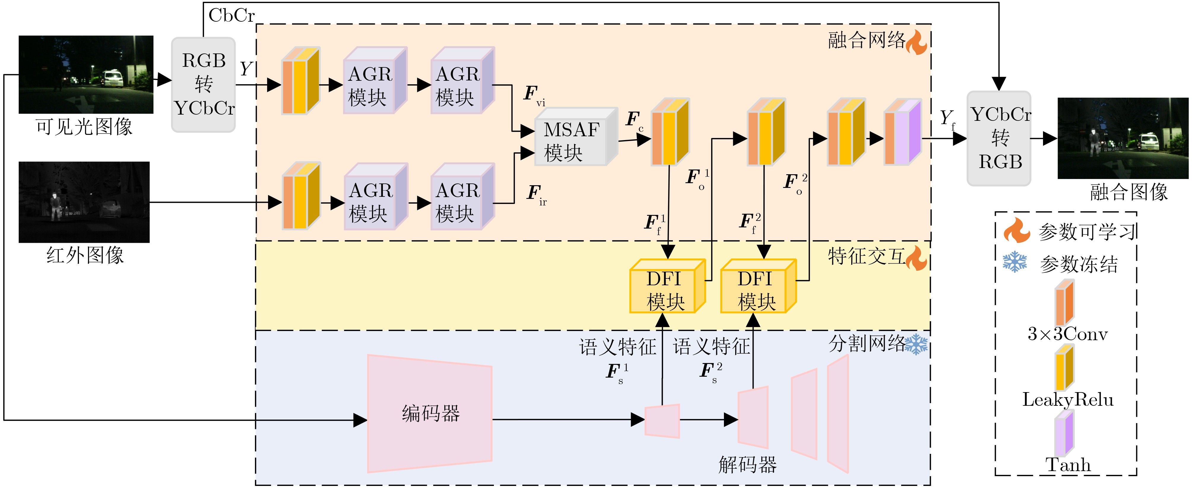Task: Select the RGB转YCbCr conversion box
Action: click(x=204, y=85)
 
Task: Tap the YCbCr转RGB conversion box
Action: click(x=999, y=138)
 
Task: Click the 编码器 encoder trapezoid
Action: click(x=430, y=413)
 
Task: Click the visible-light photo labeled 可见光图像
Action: click(x=86, y=75)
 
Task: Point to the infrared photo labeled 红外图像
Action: click(x=84, y=202)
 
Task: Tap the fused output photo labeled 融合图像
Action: click(x=1123, y=138)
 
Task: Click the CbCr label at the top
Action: click(x=232, y=15)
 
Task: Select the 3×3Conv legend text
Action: click(x=1068, y=334)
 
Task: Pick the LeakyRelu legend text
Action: click(x=1068, y=399)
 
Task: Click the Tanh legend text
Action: click(x=1068, y=465)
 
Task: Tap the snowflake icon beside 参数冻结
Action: click(x=1015, y=262)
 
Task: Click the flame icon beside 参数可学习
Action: click(x=1017, y=230)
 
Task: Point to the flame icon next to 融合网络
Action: click(x=916, y=42)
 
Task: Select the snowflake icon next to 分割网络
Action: click(x=916, y=345)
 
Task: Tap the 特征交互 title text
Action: click(x=866, y=256)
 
